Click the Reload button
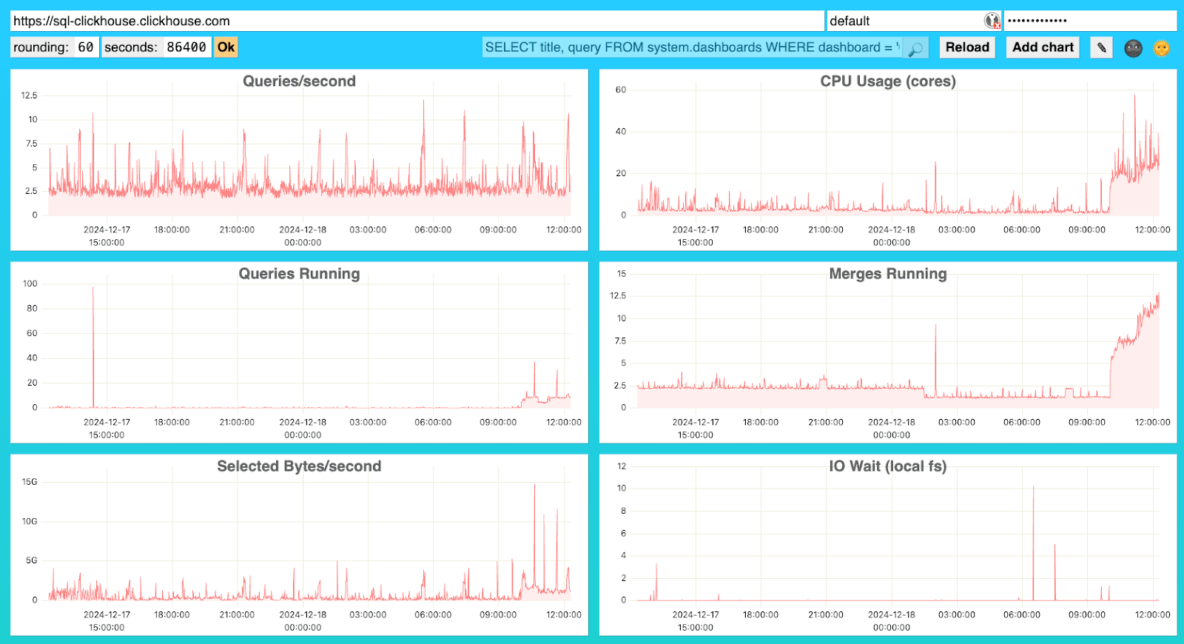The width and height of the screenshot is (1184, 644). click(967, 47)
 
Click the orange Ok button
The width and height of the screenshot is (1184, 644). click(226, 47)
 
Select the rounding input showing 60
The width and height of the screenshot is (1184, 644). click(86, 47)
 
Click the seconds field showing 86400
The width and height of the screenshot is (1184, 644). click(186, 47)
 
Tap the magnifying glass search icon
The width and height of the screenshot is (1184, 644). click(915, 49)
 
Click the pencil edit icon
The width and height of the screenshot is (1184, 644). click(1101, 47)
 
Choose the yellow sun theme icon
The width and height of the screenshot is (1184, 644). click(1162, 48)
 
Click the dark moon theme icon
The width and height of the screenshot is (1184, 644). click(1133, 48)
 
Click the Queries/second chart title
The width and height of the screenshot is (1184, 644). click(299, 81)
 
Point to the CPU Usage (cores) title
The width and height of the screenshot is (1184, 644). click(887, 81)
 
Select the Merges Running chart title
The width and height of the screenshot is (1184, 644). click(887, 274)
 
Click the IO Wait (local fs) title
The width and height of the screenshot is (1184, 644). click(887, 466)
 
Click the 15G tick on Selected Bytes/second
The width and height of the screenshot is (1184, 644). click(30, 482)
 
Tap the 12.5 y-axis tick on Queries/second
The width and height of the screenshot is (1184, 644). click(29, 95)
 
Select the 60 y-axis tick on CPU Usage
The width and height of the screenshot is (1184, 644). click(621, 90)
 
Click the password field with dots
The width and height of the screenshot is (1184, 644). click(1089, 21)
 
